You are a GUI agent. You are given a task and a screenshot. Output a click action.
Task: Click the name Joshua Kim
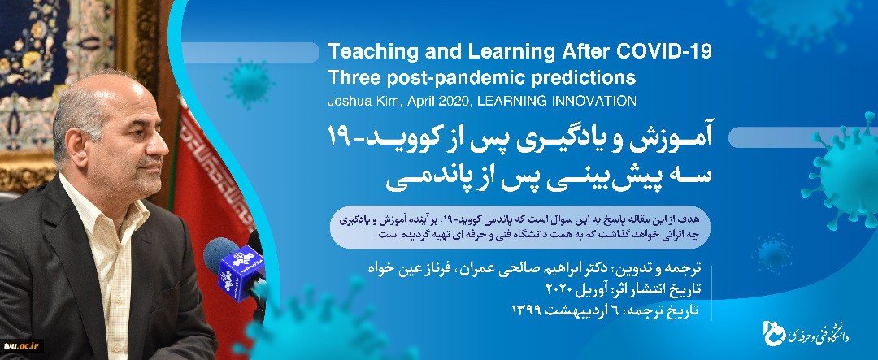click(356, 102)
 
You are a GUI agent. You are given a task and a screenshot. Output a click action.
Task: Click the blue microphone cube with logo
click(241, 273)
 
